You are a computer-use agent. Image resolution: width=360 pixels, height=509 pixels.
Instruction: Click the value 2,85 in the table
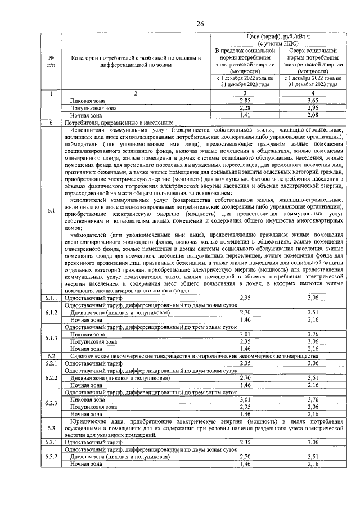point(245,100)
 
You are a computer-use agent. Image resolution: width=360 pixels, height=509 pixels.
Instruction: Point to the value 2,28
point(245,107)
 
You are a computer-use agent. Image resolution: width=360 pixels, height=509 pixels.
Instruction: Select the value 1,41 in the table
point(245,115)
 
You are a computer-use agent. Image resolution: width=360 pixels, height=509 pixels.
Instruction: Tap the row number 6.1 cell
point(51,210)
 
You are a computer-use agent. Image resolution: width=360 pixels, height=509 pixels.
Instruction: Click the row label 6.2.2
point(51,394)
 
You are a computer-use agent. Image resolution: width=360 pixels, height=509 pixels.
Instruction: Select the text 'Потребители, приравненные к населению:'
point(119,123)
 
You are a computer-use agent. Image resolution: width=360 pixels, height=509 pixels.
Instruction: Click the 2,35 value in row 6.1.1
point(245,297)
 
